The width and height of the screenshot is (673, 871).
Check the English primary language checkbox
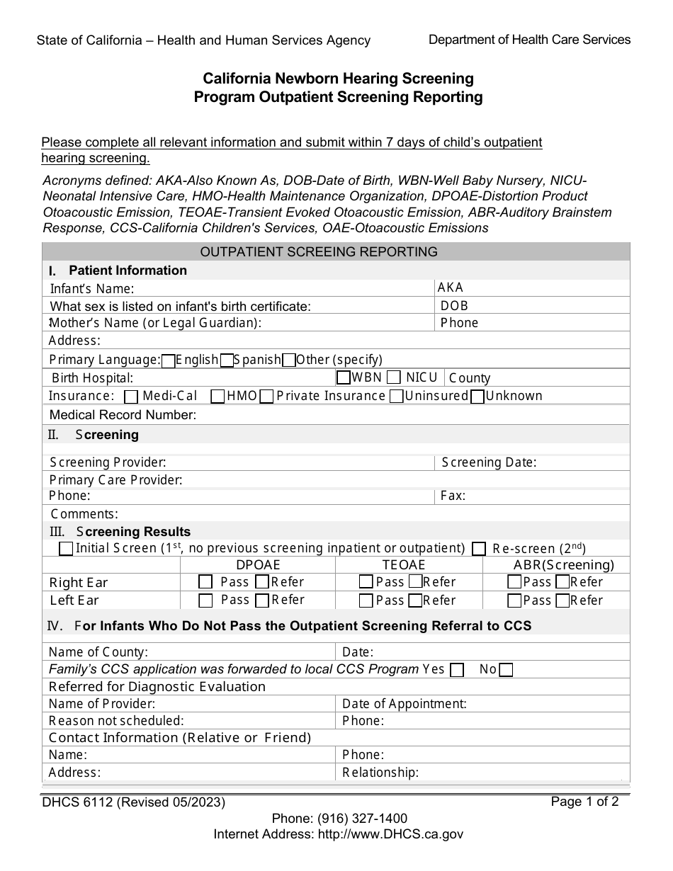[x=169, y=361]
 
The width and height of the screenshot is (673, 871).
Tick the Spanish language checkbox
[x=227, y=361]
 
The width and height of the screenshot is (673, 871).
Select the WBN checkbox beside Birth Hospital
[x=344, y=377]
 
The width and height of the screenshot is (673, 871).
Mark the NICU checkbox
[x=395, y=377]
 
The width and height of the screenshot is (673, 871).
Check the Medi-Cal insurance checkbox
[x=131, y=397]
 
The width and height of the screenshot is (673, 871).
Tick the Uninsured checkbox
[x=397, y=397]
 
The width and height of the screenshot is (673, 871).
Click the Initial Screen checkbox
[x=66, y=549]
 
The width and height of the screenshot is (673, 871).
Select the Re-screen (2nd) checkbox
[x=479, y=549]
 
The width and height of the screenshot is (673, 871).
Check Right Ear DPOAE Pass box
[x=205, y=583]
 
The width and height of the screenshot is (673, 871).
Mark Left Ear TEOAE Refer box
[x=416, y=600]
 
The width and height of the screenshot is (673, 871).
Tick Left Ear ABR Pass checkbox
[x=515, y=600]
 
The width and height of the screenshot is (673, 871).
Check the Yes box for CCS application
[x=458, y=670]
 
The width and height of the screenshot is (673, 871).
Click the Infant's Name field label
[x=92, y=289]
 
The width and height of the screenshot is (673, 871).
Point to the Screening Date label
[x=489, y=462]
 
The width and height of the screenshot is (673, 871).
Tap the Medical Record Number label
[x=123, y=415]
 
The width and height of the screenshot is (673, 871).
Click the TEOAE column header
[x=404, y=565]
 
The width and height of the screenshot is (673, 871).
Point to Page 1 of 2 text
[x=584, y=802]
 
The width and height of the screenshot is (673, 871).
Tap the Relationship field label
[x=380, y=772]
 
